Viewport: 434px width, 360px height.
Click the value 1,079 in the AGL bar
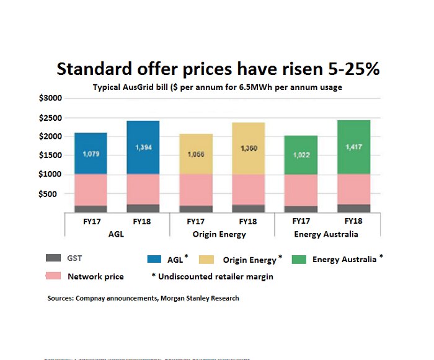tap(91, 153)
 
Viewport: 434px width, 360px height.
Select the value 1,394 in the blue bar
tap(143, 147)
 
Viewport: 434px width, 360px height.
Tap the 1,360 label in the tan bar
tap(249, 149)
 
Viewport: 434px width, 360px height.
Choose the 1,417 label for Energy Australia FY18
tap(353, 147)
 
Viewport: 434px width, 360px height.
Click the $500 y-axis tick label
tap(53, 194)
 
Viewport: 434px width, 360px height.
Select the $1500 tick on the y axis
tap(51, 156)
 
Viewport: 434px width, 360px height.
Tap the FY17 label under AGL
tap(91, 221)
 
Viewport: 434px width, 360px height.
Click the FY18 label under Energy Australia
tap(353, 221)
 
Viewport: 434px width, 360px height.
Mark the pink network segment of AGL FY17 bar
tap(91, 190)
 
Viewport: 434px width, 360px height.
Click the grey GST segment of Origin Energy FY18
tap(249, 209)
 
